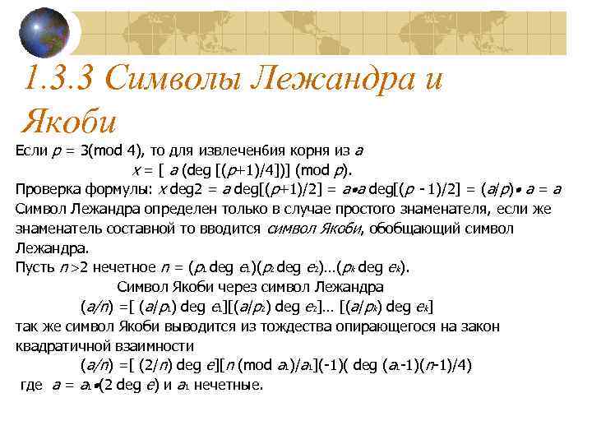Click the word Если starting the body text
pos(30,151)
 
